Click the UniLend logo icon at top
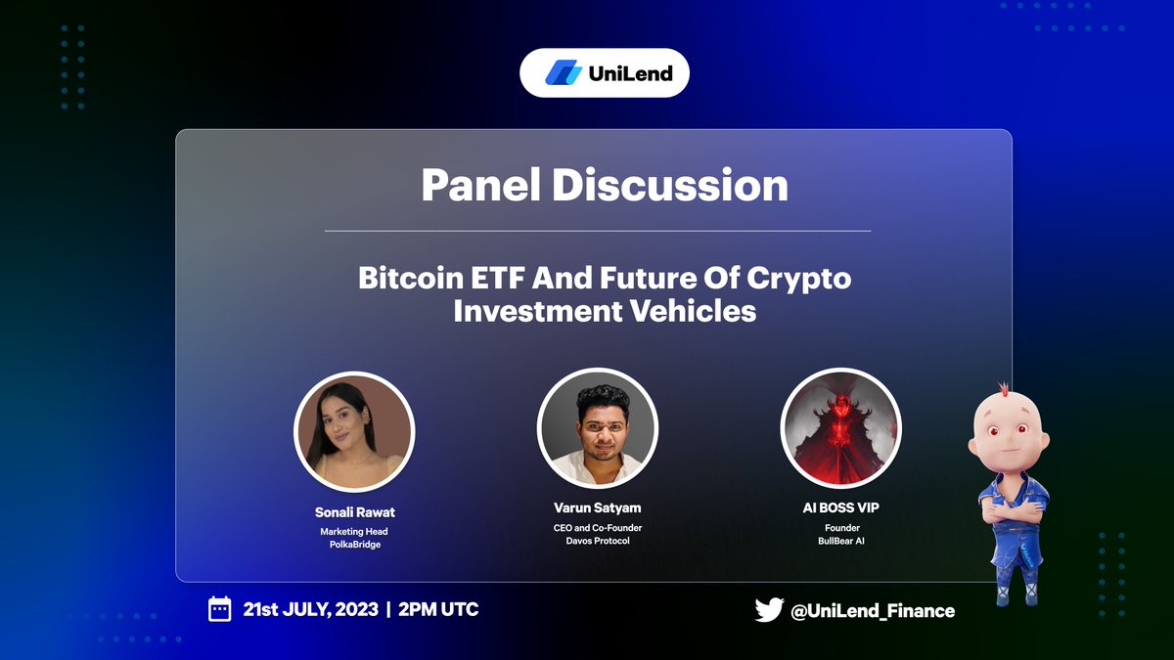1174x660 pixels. (564, 72)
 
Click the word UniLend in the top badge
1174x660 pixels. (630, 72)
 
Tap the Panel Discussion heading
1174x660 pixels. (604, 185)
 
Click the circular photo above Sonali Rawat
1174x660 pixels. (354, 431)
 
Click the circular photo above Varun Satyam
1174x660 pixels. (597, 429)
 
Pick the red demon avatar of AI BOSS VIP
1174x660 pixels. (840, 428)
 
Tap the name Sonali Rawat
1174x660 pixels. (354, 511)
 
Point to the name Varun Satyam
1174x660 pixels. (597, 507)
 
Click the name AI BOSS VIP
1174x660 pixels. (840, 507)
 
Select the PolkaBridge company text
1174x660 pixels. (354, 545)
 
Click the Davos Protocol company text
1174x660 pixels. (597, 541)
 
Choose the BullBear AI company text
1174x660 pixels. (840, 541)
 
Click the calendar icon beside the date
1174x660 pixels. (220, 609)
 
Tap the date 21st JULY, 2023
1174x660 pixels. (310, 609)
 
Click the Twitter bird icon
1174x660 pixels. (769, 610)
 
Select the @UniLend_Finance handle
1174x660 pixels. (872, 610)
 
